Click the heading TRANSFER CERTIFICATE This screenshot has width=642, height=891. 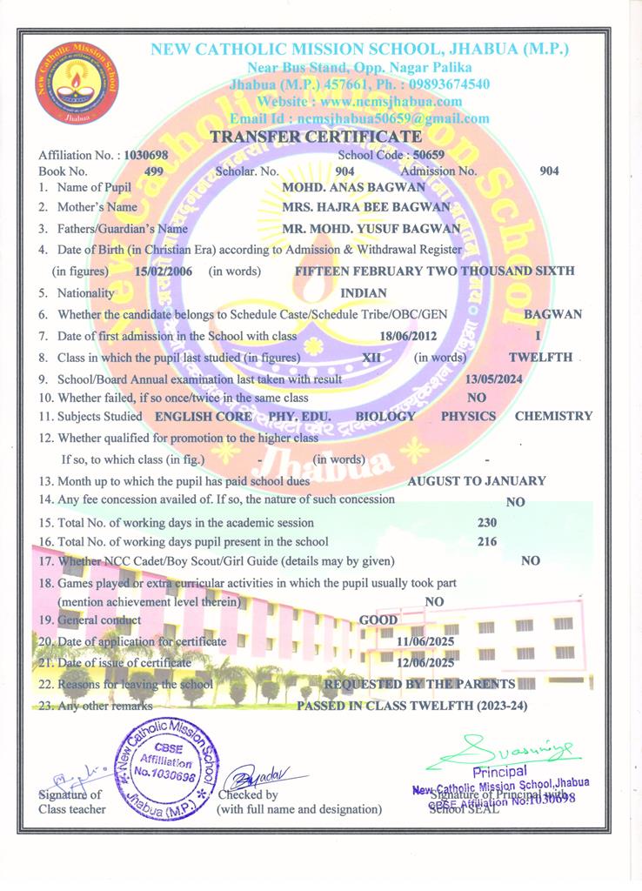point(316,137)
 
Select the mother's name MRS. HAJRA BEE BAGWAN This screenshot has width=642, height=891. point(366,207)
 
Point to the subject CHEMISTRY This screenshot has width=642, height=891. point(553,416)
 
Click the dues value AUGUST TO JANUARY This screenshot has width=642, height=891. point(477,480)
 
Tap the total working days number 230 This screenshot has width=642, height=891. point(487,523)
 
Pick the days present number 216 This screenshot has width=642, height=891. point(487,542)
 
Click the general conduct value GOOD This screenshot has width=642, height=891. point(378,621)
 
